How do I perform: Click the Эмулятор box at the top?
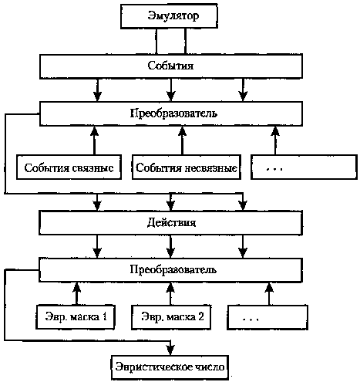click(169, 16)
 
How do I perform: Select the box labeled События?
click(171, 66)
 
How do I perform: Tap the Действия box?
click(171, 222)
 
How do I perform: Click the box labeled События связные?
click(69, 167)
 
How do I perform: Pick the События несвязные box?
click(187, 167)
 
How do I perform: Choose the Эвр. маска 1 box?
click(76, 317)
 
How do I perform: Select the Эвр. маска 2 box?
click(171, 317)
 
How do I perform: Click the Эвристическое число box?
click(170, 367)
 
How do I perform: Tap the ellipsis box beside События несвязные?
click(304, 167)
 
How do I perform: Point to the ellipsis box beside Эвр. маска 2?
click(267, 317)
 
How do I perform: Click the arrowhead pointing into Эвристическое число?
click(170, 350)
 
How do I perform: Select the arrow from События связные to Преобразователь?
click(94, 140)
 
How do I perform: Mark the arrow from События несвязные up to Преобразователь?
click(182, 140)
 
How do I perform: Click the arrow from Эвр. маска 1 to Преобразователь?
click(76, 293)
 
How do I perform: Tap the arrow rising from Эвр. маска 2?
click(170, 293)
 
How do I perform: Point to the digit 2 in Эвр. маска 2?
click(201, 316)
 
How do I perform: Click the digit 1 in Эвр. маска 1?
click(104, 316)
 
